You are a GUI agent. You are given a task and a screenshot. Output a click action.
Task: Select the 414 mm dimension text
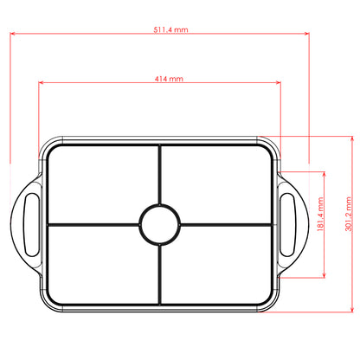(169, 78)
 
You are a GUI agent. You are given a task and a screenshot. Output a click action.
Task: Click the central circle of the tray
(159, 223)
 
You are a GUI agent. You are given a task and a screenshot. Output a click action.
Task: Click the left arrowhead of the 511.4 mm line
(13, 35)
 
